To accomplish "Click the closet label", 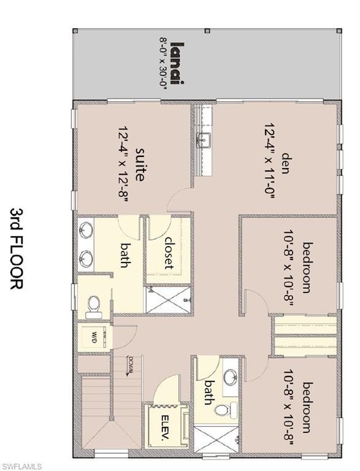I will tap(169, 253).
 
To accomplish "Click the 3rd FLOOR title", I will tap(16, 248).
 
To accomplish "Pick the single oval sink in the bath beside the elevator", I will tap(231, 375).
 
